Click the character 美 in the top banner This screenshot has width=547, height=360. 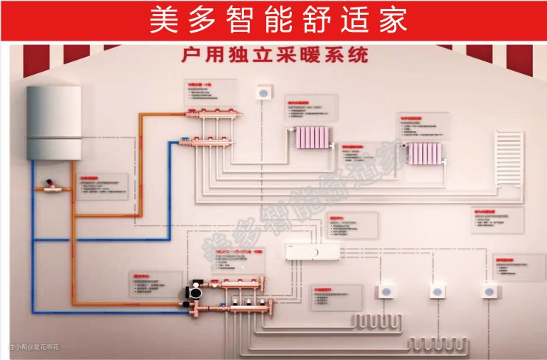[165, 20]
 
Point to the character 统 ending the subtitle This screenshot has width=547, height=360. [356, 56]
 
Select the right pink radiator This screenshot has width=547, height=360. [424, 152]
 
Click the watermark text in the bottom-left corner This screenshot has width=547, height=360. [33, 347]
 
